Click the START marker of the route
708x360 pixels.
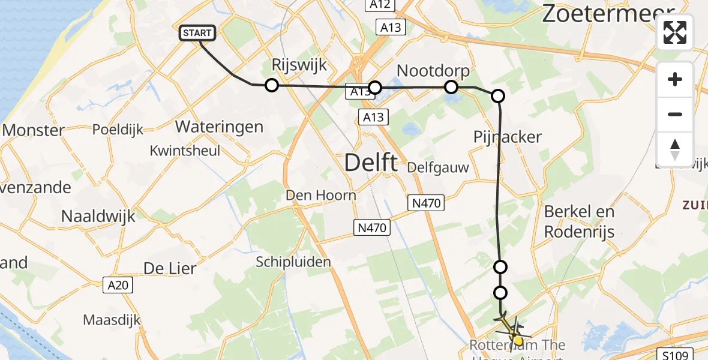point(197,33)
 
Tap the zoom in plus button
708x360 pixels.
point(675,79)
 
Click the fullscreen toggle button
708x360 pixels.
point(675,32)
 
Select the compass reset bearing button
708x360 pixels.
point(675,149)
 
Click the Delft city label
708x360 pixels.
point(371,163)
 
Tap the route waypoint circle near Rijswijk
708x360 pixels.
point(272,85)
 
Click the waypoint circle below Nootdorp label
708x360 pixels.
point(451,88)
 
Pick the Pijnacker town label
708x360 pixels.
point(508,137)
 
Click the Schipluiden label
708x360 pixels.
point(293,262)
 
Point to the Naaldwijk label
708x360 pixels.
point(99,216)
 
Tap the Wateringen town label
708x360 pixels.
point(219,127)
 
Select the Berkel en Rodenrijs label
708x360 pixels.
point(579,221)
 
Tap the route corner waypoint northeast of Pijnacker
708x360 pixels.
point(498,96)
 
